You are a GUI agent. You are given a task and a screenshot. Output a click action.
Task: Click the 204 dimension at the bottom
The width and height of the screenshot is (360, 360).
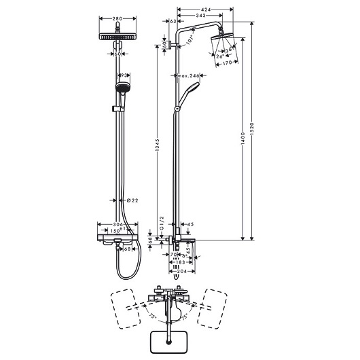178,270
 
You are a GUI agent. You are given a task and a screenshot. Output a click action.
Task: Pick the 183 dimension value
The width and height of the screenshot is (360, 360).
178,262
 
